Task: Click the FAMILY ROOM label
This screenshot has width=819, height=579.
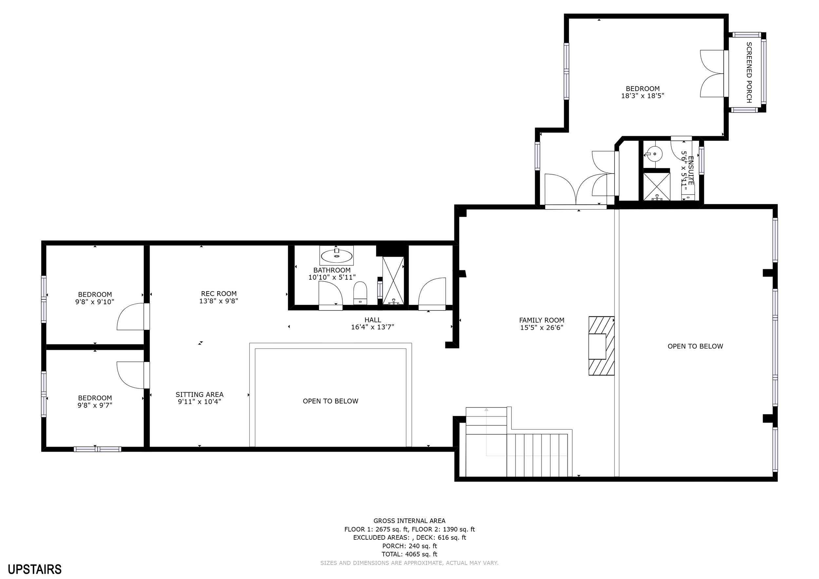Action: [x=542, y=320]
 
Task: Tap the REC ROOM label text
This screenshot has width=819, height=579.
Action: [x=219, y=294]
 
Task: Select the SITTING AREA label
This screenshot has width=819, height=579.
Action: [x=200, y=395]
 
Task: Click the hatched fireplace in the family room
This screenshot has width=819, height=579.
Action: [x=601, y=346]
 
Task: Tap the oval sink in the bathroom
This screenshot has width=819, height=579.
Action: [x=336, y=256]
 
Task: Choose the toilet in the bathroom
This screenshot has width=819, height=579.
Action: [x=360, y=293]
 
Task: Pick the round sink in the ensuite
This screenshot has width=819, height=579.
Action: [x=655, y=154]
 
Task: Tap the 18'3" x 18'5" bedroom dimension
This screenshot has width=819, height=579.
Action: [x=643, y=96]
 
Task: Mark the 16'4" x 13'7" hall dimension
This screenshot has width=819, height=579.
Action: [x=372, y=327]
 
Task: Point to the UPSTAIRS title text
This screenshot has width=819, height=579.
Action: [x=35, y=570]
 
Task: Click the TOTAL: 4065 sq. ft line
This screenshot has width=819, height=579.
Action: [x=409, y=554]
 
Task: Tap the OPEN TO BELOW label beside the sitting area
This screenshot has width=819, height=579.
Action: [x=330, y=401]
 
